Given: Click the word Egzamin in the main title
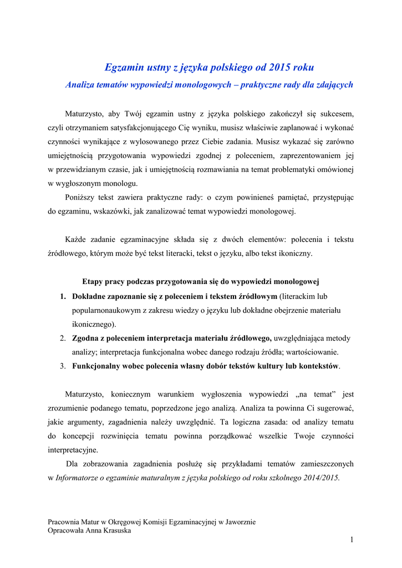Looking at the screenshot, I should pos(124,68).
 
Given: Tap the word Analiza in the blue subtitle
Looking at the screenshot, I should pos(81,85).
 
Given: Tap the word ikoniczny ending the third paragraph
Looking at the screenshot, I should pos(293,253).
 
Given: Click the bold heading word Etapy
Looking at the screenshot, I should pos(94,282).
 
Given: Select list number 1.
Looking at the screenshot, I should pos(63,296).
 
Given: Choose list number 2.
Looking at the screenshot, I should pos(63,338).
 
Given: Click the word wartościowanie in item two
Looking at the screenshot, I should pos(311,352).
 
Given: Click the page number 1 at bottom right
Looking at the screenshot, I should pos(352,540).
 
